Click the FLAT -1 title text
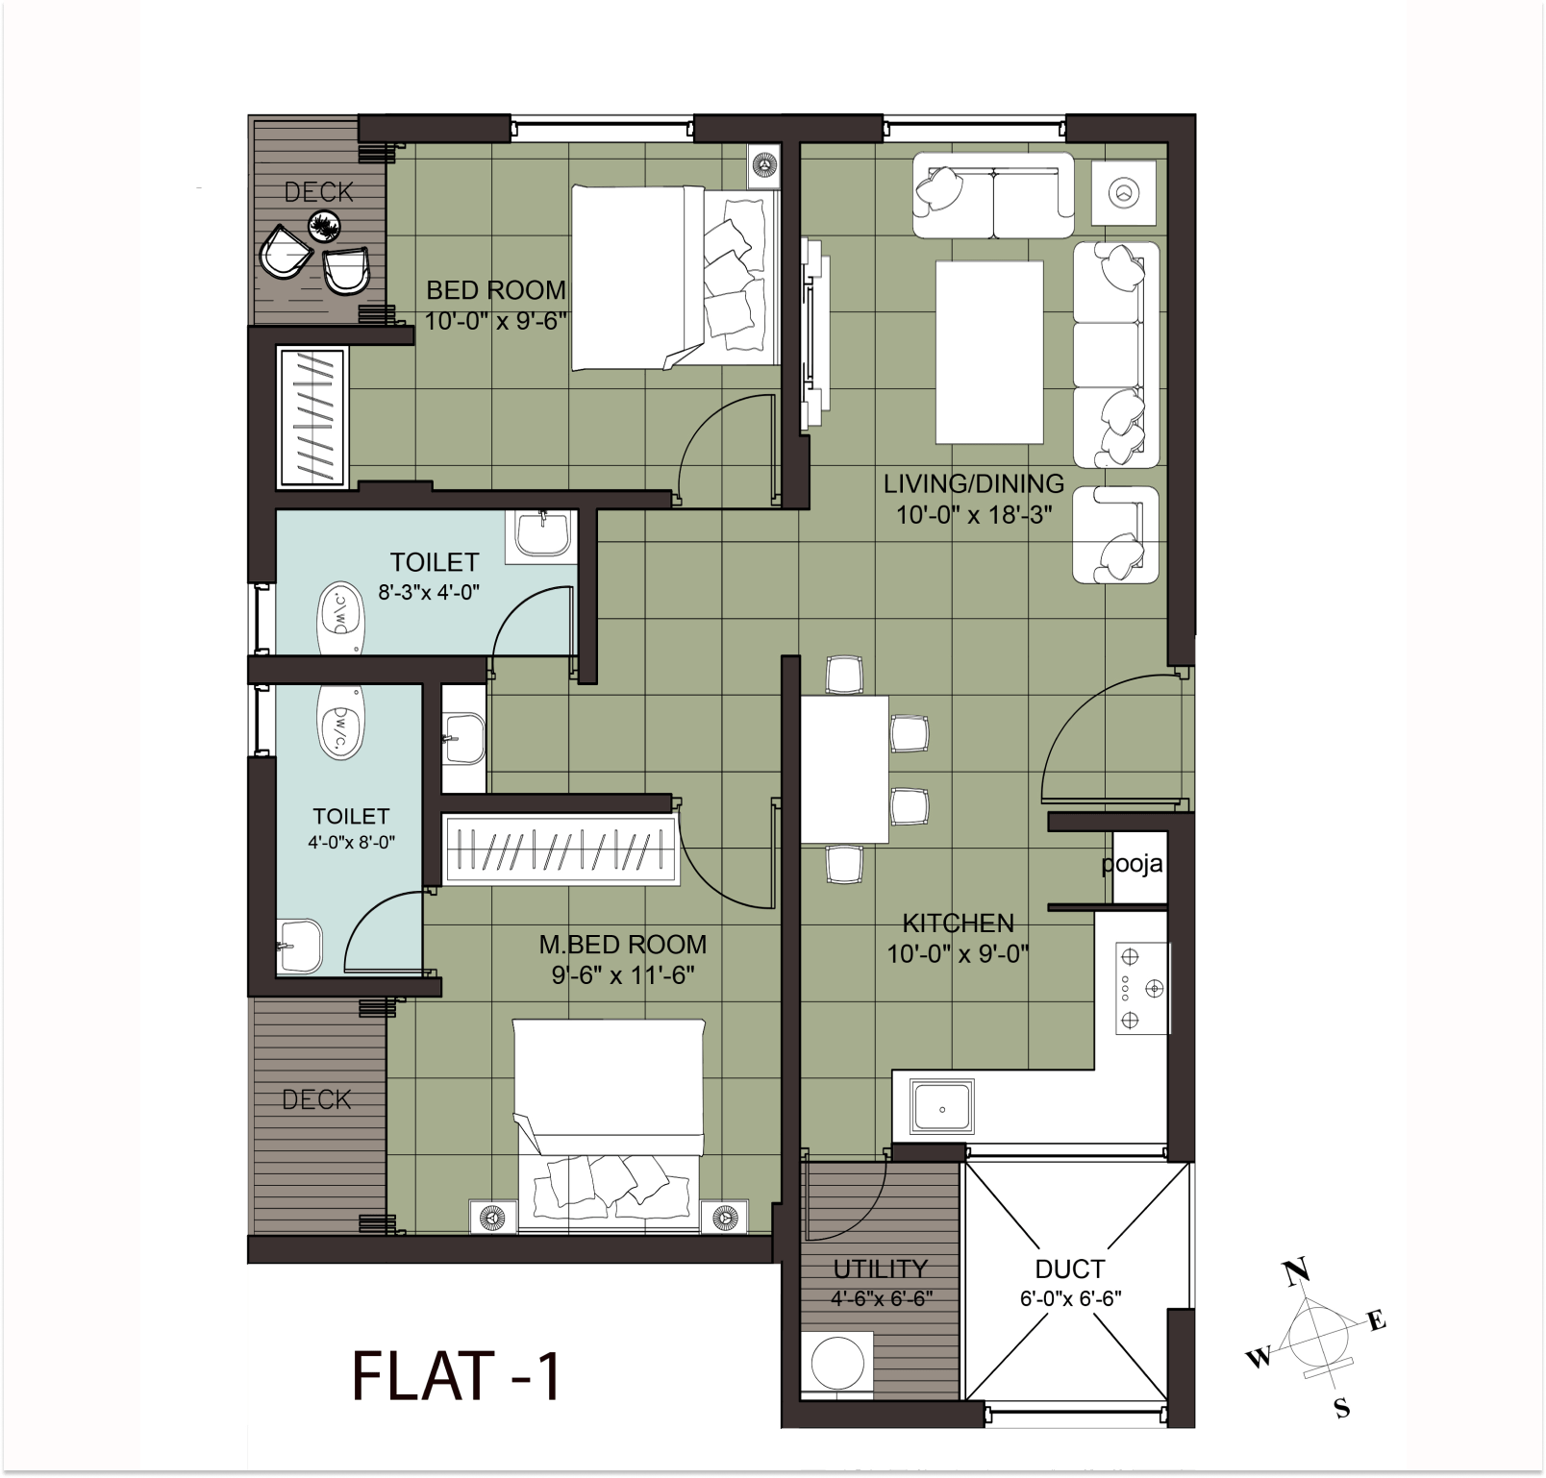[456, 1376]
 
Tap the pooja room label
[1132, 864]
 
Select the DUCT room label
[1070, 1269]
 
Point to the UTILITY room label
[880, 1269]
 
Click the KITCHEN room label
[958, 924]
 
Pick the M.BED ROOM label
[622, 945]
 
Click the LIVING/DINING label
[974, 483]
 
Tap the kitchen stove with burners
[1142, 988]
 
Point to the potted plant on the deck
[325, 227]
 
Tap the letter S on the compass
[1342, 1410]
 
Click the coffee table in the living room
[989, 353]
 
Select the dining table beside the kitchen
[844, 770]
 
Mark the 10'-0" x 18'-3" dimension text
[974, 514]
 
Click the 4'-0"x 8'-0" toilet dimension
[352, 842]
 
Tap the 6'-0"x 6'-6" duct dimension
[1070, 1298]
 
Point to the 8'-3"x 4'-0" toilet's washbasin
[543, 534]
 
